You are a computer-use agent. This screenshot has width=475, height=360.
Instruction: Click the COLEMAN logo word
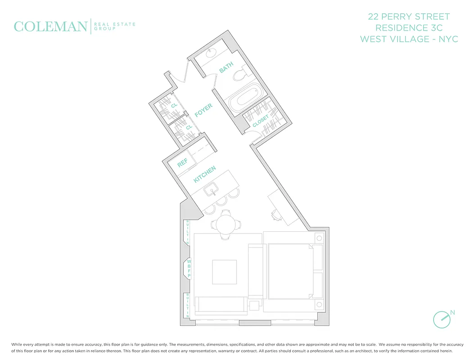click(x=50, y=27)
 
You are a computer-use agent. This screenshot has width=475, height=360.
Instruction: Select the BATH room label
click(x=226, y=67)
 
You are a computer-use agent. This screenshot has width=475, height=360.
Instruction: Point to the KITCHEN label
click(x=204, y=174)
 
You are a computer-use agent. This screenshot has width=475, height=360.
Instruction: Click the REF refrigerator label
click(x=182, y=162)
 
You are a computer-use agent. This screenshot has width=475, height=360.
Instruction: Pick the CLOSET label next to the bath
click(x=260, y=120)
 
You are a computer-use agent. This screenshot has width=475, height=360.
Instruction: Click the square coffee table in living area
click(x=224, y=272)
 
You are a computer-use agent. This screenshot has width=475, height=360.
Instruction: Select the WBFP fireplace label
click(x=190, y=268)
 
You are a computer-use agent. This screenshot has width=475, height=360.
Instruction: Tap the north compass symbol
click(x=442, y=319)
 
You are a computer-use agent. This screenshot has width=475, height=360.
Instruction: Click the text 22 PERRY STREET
click(x=408, y=17)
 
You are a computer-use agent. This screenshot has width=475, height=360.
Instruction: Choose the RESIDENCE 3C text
click(x=408, y=28)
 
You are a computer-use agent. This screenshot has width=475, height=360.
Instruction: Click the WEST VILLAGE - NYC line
click(x=408, y=39)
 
